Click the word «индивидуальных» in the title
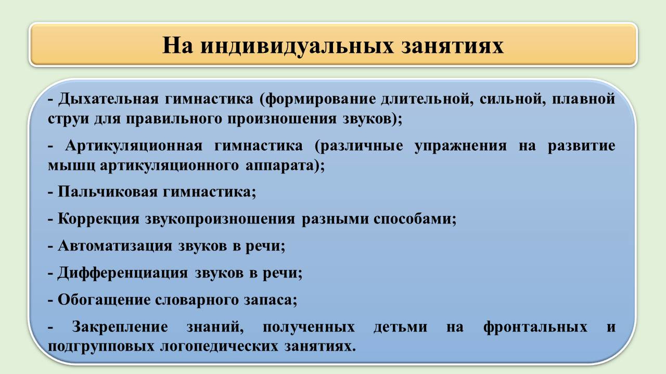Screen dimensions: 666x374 click(x=297, y=47)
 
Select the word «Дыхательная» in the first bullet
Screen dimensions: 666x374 click(x=108, y=99)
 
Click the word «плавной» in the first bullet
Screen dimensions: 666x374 click(x=583, y=99)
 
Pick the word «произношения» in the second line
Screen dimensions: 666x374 click(x=282, y=119)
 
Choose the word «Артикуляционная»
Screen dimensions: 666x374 click(x=134, y=146)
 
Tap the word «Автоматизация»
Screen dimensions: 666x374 click(x=115, y=246)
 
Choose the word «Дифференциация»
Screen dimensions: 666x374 click(x=123, y=273)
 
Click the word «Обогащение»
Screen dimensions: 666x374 click(x=104, y=300)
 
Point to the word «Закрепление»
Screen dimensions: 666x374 click(x=120, y=327)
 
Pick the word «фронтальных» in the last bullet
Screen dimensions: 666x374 click(x=535, y=327)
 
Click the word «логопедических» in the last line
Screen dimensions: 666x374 click(x=219, y=346)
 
